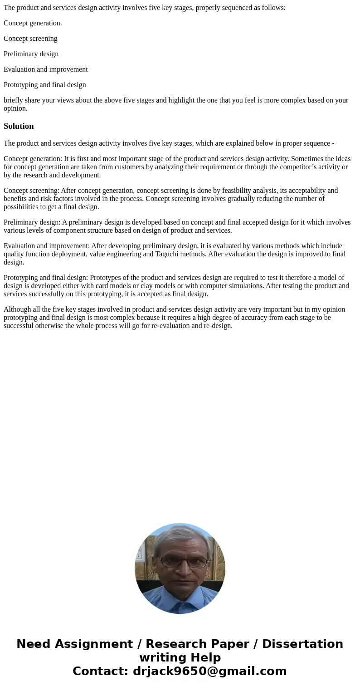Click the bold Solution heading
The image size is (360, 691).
[19, 126]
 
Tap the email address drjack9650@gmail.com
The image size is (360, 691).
[209, 671]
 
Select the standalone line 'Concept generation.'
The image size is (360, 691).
[33, 23]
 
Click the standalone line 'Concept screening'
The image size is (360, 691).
[30, 39]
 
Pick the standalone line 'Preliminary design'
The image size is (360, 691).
[31, 54]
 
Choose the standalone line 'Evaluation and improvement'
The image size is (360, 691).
[46, 69]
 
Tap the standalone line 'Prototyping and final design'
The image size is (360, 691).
[45, 85]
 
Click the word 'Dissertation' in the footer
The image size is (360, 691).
[302, 644]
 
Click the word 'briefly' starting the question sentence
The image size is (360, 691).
[14, 100]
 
